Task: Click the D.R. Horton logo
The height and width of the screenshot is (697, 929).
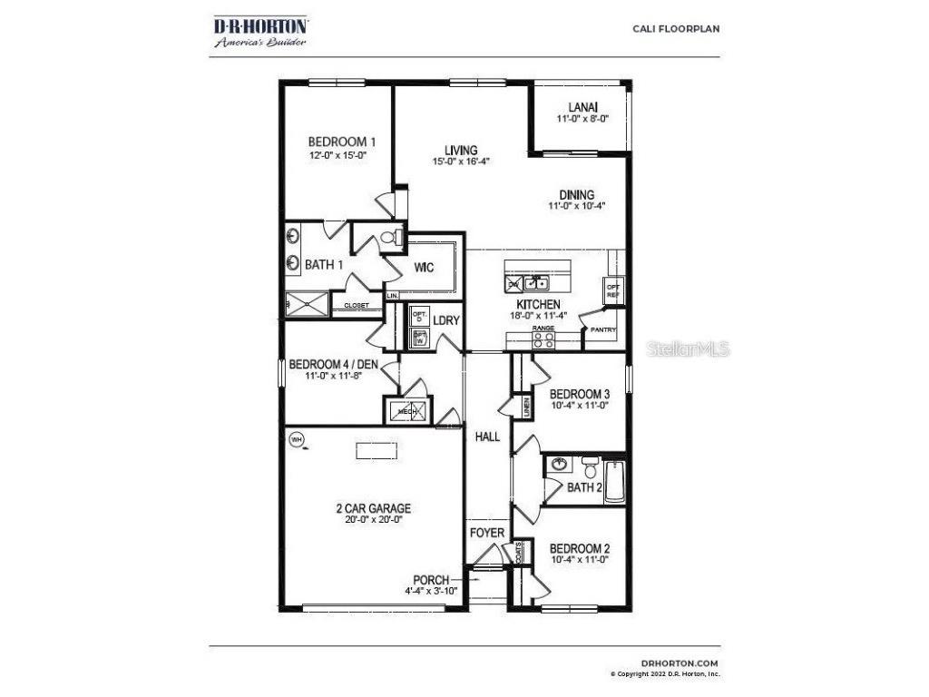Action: pyautogui.click(x=259, y=31)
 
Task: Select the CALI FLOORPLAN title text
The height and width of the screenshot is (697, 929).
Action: pyautogui.click(x=676, y=28)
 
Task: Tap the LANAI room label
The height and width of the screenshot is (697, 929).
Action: pyautogui.click(x=582, y=107)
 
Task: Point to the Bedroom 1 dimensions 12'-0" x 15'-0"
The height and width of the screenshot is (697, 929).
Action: pyautogui.click(x=342, y=155)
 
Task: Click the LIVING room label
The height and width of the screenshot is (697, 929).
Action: pyautogui.click(x=461, y=151)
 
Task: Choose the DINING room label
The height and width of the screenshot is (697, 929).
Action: pyautogui.click(x=576, y=194)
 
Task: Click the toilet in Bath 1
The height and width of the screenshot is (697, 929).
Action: pyautogui.click(x=390, y=238)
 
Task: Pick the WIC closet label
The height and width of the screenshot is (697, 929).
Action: pyautogui.click(x=425, y=269)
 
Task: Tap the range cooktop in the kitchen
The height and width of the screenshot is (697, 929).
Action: pyautogui.click(x=543, y=339)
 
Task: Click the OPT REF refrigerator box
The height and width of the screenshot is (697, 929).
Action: pyautogui.click(x=613, y=291)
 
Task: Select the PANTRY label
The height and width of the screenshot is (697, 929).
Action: pyautogui.click(x=603, y=329)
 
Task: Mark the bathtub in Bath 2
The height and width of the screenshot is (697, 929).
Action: pyautogui.click(x=615, y=481)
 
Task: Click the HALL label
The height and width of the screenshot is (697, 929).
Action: pyautogui.click(x=488, y=437)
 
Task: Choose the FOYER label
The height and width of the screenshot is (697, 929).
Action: pyautogui.click(x=487, y=533)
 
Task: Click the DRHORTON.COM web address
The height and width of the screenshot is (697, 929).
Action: pyautogui.click(x=680, y=663)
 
